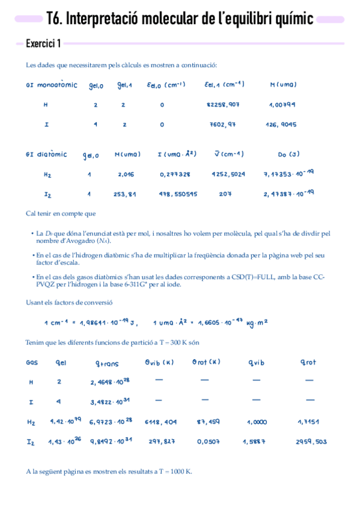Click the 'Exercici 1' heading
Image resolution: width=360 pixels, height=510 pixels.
click(43, 43)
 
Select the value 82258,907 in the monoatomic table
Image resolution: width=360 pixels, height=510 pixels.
click(223, 105)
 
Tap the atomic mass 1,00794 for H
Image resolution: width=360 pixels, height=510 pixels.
click(282, 105)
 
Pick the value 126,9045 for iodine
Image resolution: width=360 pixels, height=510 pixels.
click(281, 125)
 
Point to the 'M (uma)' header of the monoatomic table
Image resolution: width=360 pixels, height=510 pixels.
click(284, 85)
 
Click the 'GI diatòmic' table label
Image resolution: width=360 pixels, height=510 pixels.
click(46, 155)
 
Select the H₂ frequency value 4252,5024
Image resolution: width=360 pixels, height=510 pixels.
click(228, 174)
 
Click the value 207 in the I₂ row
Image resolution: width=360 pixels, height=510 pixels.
click(225, 195)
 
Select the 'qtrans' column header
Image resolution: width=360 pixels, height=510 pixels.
click(107, 363)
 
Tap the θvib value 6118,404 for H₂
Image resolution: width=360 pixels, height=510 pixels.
click(162, 422)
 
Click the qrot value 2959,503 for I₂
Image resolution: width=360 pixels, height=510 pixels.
click(311, 442)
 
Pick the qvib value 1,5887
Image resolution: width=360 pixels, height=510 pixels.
click(255, 442)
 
